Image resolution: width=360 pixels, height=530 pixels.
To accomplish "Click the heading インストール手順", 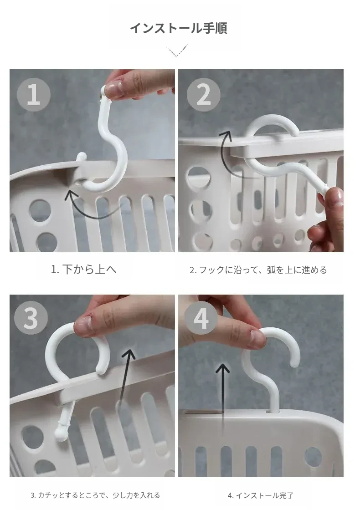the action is (x=178, y=28).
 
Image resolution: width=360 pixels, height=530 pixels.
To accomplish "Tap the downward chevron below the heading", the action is (x=177, y=50).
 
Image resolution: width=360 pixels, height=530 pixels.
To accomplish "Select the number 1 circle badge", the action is (x=34, y=94).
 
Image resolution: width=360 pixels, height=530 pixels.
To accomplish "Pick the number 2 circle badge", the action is (x=203, y=95).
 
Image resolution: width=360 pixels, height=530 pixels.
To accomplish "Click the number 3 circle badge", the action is (x=31, y=318).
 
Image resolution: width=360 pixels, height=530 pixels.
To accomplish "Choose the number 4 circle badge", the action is (x=201, y=318).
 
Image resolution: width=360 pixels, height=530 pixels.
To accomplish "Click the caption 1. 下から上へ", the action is (x=83, y=270).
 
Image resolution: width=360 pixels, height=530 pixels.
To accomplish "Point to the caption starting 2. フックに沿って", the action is (x=258, y=270).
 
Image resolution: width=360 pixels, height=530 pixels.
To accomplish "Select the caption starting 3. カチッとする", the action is (x=95, y=495).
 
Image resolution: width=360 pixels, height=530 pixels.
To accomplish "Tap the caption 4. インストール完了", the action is (x=261, y=495).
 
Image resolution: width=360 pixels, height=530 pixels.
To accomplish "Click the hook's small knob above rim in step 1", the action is (x=82, y=157).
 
